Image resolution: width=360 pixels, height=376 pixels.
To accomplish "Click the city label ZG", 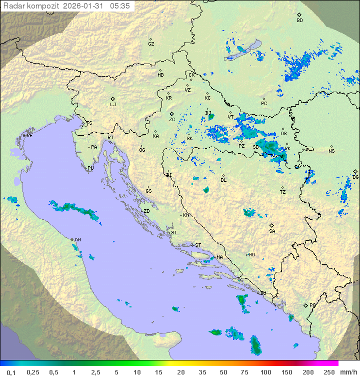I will pyautogui.click(x=172, y=120).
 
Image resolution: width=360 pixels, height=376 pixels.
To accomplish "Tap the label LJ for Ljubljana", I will pyautogui.click(x=113, y=105).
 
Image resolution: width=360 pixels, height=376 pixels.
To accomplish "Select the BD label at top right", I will pyautogui.click(x=299, y=21).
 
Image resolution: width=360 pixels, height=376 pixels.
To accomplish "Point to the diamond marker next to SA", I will pyautogui.click(x=272, y=225).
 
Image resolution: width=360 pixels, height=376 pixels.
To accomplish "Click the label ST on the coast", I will pyautogui.click(x=198, y=245).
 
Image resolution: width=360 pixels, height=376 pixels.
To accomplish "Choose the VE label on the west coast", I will pyautogui.click(x=29, y=136).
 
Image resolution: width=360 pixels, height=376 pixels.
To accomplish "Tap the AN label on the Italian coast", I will pyautogui.click(x=77, y=240).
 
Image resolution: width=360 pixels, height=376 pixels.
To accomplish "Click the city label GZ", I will pyautogui.click(x=151, y=44).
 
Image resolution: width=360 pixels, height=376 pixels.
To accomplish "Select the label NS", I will pyautogui.click(x=331, y=151).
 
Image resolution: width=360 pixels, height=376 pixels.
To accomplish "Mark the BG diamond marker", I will pyautogui.click(x=355, y=171).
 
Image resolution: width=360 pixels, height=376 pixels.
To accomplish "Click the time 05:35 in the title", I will pyautogui.click(x=120, y=6).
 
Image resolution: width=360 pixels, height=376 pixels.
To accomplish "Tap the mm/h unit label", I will pyautogui.click(x=347, y=372).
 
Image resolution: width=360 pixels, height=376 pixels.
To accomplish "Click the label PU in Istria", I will pyautogui.click(x=90, y=168).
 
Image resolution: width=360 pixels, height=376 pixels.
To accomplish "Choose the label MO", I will pyautogui.click(x=251, y=254).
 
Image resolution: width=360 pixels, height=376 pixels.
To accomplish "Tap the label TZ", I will pyautogui.click(x=283, y=192).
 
